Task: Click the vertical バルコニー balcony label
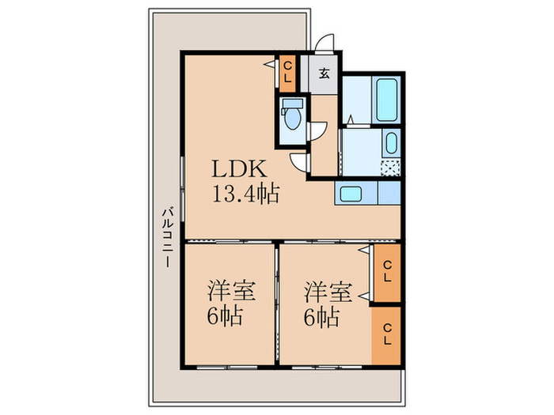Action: pyautogui.click(x=166, y=238)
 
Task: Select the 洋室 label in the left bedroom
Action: pyautogui.click(x=231, y=292)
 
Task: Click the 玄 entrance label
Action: pyautogui.click(x=324, y=75)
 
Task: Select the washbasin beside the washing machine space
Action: pyautogui.click(x=390, y=145)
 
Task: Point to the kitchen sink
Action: pyautogui.click(x=348, y=193)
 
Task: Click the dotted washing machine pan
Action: pyautogui.click(x=390, y=167)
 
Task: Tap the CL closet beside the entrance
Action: pyautogui.click(x=288, y=74)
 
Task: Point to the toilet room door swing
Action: pyautogui.click(x=318, y=133)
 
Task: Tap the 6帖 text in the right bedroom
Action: pyautogui.click(x=323, y=319)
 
